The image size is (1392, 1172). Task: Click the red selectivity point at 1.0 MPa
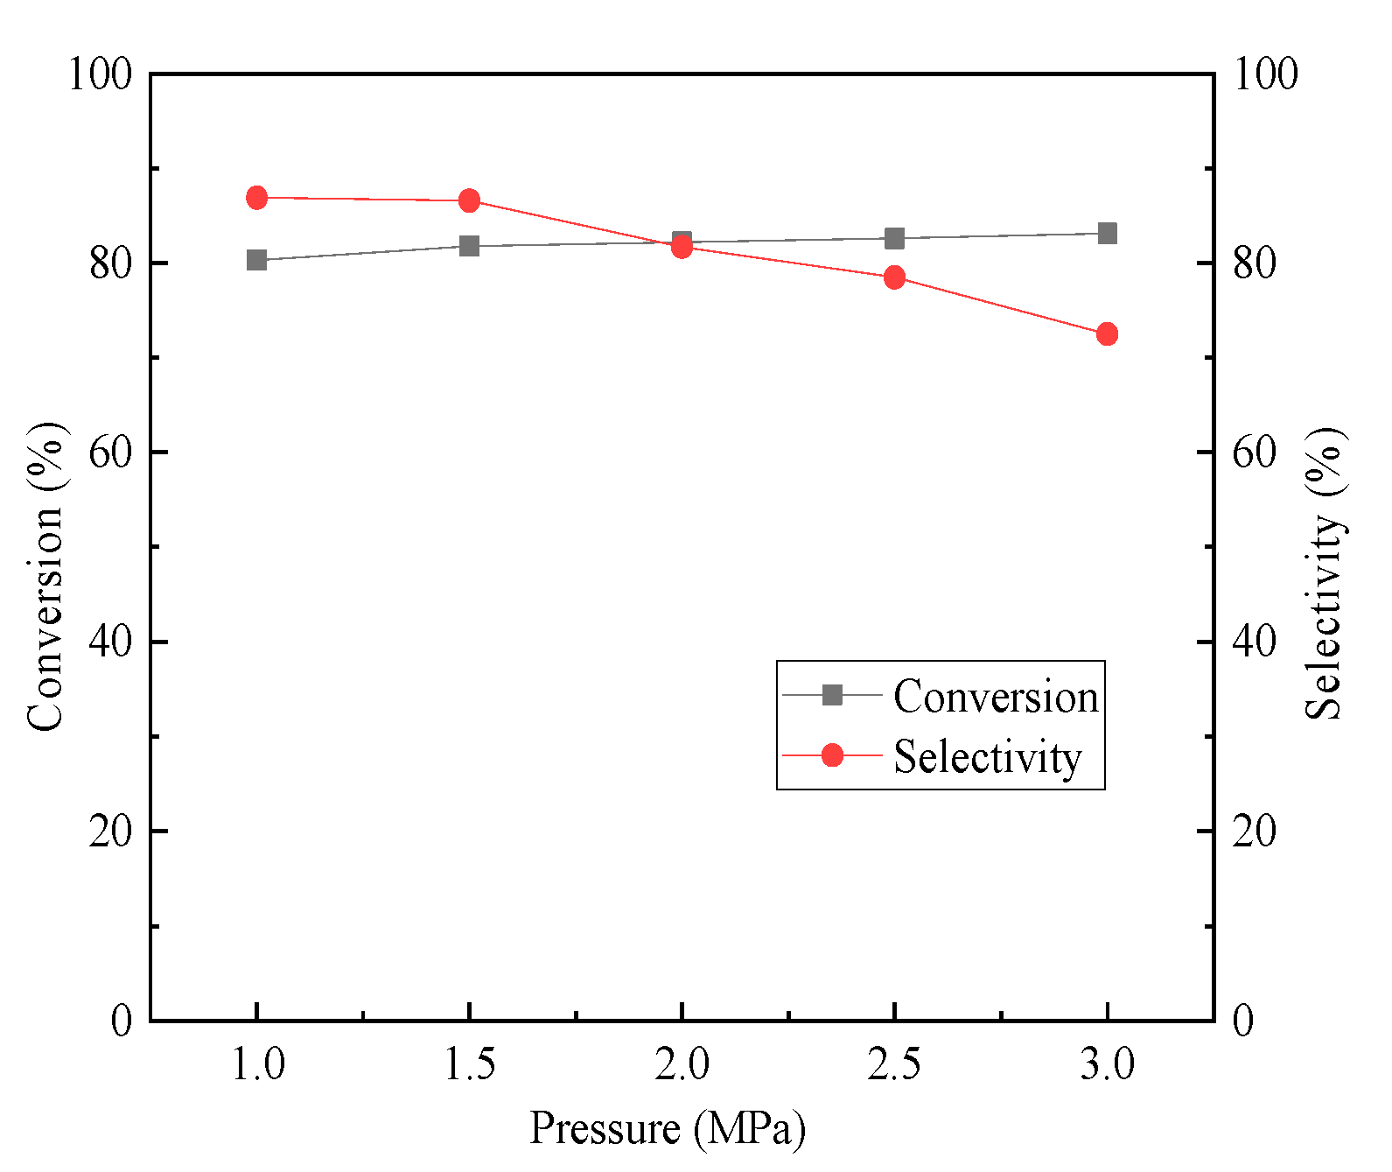[256, 198]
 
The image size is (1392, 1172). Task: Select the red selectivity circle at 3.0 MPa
[1107, 333]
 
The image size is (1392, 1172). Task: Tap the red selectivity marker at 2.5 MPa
[894, 277]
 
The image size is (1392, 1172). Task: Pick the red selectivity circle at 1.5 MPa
[469, 200]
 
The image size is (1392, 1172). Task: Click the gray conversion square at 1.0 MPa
[256, 260]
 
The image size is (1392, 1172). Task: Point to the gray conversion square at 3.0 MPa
[1107, 233]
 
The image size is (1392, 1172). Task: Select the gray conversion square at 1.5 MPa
[469, 246]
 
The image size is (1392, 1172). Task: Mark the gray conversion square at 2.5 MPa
[894, 238]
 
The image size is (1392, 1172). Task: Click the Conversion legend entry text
[995, 697]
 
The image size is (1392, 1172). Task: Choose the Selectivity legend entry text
[987, 756]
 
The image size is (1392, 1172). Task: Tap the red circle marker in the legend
[832, 754]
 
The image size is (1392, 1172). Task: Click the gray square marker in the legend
[832, 695]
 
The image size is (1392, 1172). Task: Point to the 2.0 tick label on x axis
[682, 1065]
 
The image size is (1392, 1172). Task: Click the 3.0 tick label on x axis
[1107, 1065]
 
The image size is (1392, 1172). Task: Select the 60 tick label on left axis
[110, 453]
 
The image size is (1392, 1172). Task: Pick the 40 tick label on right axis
[1254, 642]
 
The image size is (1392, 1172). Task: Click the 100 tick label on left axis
[100, 74]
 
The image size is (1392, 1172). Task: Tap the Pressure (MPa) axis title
[667, 1128]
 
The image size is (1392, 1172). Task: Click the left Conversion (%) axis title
[45, 575]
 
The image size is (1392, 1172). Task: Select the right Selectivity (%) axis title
[1325, 573]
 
